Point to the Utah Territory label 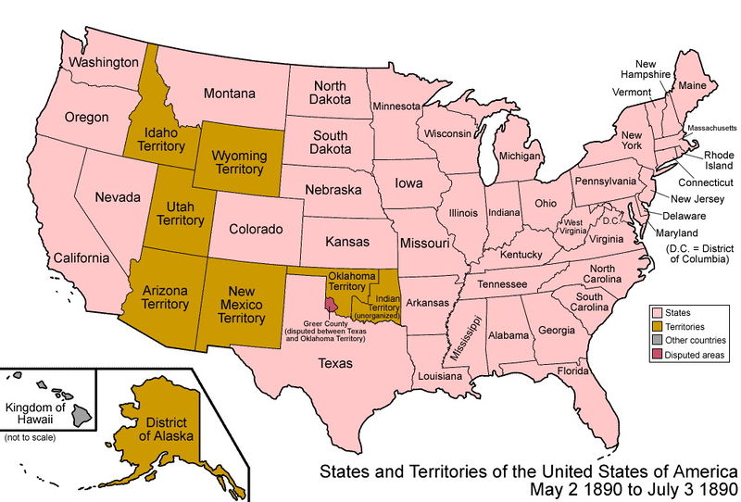179,213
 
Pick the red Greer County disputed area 331,305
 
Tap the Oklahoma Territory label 352,282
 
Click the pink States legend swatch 658,313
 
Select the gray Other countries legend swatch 658,340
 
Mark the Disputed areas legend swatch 658,354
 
